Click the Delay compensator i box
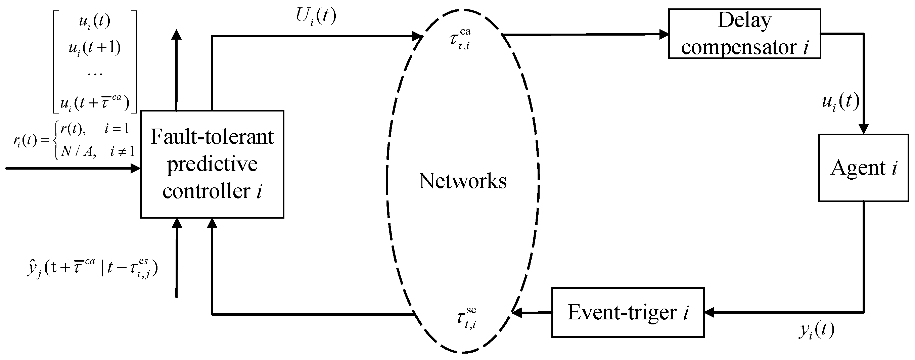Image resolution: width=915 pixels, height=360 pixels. tap(744, 34)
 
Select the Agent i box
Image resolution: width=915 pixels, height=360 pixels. tap(863, 168)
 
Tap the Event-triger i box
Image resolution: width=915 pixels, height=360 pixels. tap(628, 312)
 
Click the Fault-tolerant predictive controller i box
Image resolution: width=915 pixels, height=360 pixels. tap(212, 164)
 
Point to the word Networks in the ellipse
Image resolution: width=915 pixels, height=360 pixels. tap(462, 181)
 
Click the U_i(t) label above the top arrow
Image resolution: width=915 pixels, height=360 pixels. tap(316, 16)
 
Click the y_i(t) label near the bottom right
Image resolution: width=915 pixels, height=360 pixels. tap(816, 330)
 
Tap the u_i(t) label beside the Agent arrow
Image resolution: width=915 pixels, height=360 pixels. tap(840, 103)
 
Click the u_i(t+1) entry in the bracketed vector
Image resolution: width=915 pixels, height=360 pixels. tap(95, 48)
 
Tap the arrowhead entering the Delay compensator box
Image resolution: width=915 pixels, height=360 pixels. tap(664, 35)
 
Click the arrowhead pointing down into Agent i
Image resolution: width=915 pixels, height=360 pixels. tap(863, 129)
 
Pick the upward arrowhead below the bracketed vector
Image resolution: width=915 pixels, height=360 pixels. tap(177, 35)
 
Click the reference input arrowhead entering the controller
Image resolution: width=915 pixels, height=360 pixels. tap(135, 169)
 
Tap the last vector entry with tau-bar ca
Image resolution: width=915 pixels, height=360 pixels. tap(95, 102)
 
